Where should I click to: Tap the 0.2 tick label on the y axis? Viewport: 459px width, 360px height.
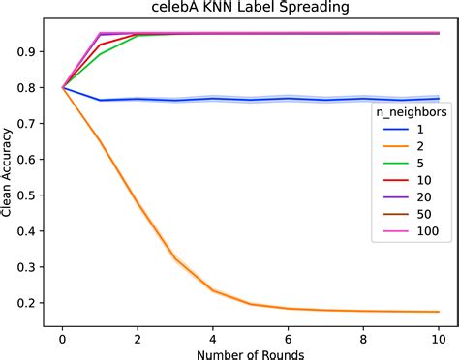point(23,302)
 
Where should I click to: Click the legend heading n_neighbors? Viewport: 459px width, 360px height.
point(410,113)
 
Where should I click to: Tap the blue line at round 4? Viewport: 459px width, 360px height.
point(213,98)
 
